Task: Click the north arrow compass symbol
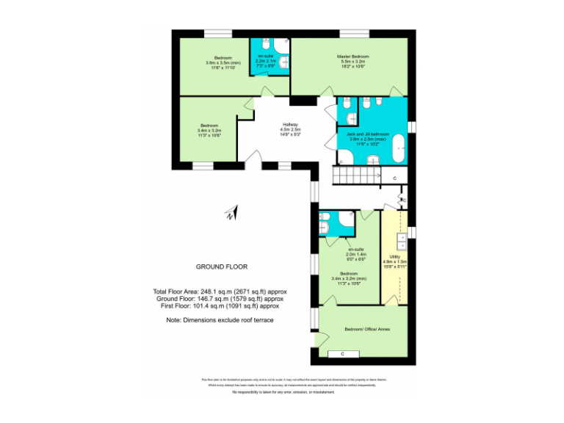pos(230,214)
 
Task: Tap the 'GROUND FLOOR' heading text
pos(221,267)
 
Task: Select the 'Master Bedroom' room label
pos(352,57)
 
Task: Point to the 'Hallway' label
pos(290,125)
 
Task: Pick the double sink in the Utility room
pos(401,242)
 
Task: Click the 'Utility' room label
pos(394,256)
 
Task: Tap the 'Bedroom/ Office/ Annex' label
pos(367,330)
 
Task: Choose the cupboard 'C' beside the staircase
pos(394,178)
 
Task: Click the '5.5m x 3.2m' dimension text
pos(352,62)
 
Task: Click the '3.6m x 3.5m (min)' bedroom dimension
pos(223,62)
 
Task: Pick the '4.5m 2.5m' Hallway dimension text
pos(290,130)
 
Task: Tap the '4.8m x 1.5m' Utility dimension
pos(394,261)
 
